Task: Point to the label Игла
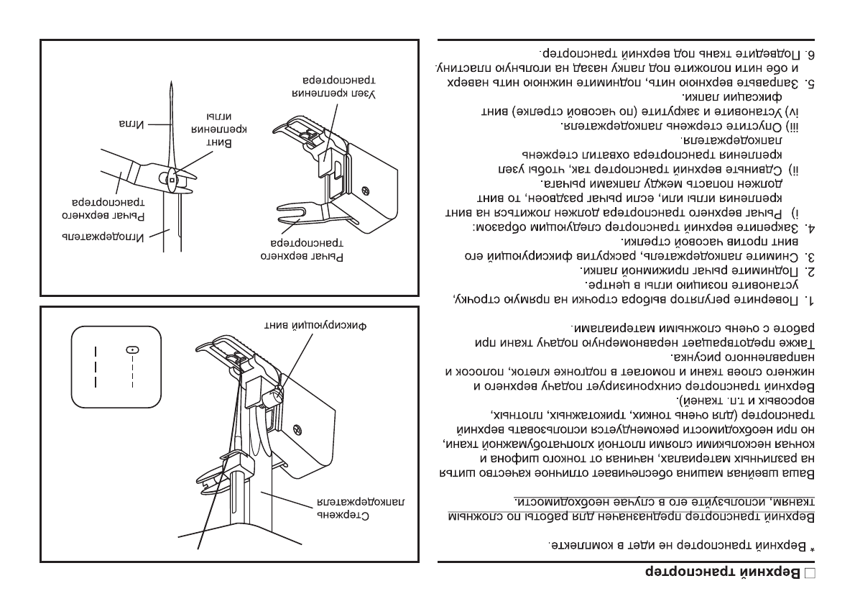click(x=130, y=124)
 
